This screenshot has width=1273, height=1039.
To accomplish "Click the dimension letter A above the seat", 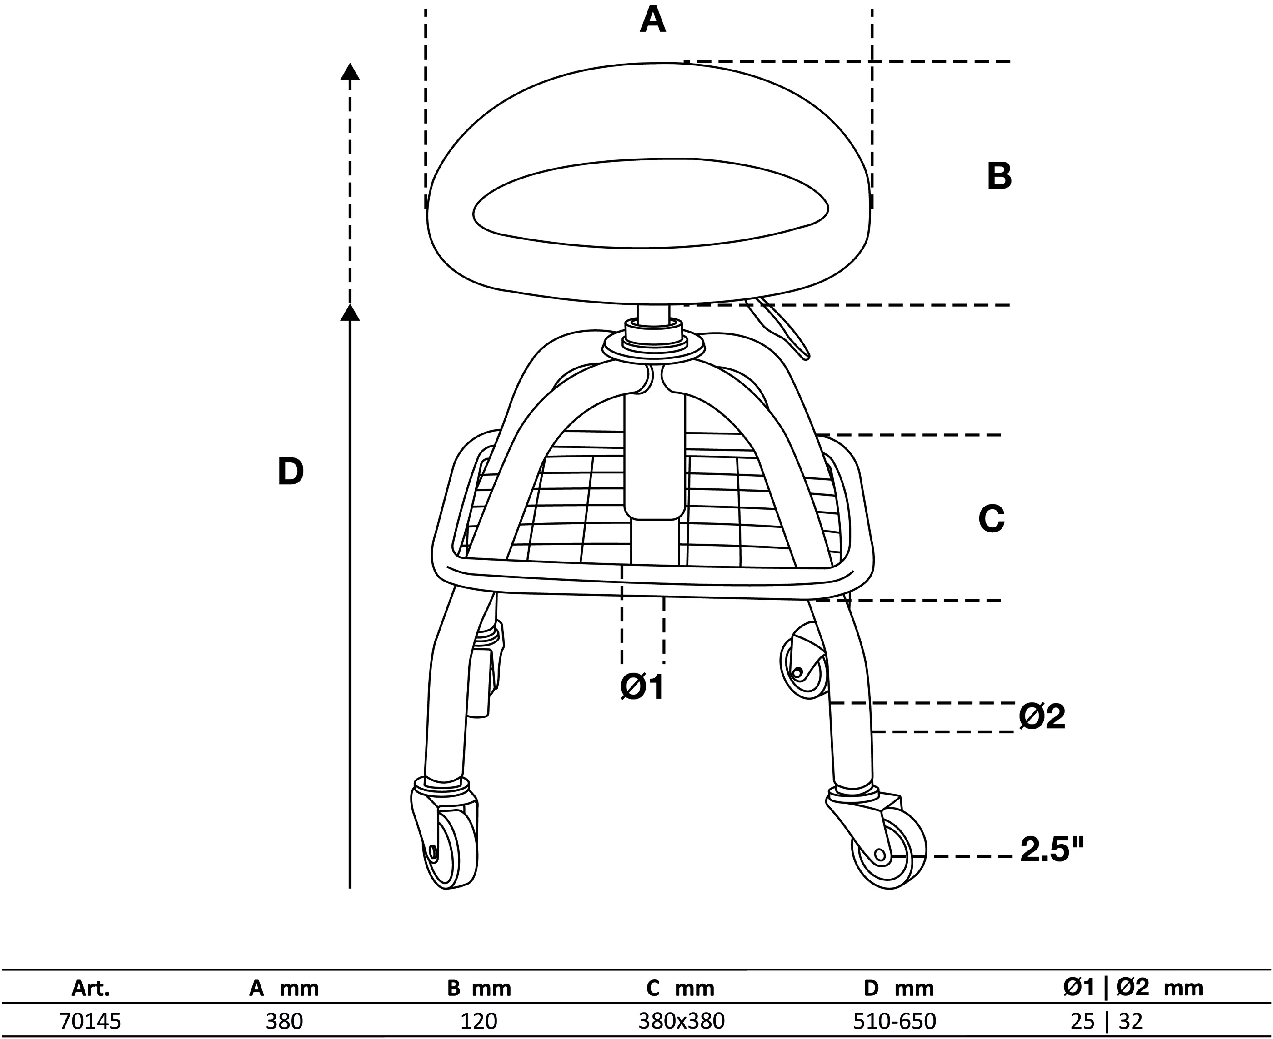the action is (x=653, y=20).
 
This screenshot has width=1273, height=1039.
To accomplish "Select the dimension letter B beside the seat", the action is (x=999, y=177).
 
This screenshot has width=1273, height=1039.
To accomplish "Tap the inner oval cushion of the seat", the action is (x=651, y=204).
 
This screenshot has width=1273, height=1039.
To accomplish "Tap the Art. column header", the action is (x=90, y=988).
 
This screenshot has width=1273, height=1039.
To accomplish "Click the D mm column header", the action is (x=899, y=988).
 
